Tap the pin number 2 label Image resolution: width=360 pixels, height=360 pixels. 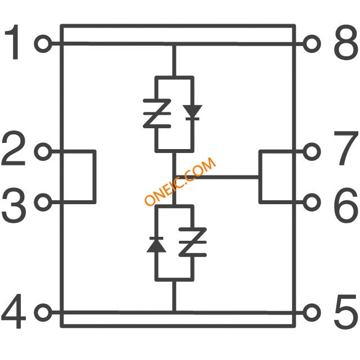(x=14, y=150)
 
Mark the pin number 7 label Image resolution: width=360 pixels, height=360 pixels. (x=345, y=150)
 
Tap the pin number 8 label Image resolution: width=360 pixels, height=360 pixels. (x=345, y=43)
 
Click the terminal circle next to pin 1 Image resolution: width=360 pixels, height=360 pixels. (x=43, y=43)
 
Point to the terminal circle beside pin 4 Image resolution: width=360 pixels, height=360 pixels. (x=43, y=311)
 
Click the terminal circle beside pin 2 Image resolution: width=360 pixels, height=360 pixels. (x=43, y=151)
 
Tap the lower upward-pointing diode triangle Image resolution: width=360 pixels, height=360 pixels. (x=155, y=244)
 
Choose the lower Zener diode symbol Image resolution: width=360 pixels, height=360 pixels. (x=193, y=242)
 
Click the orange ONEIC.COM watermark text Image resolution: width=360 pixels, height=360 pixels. (x=180, y=182)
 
